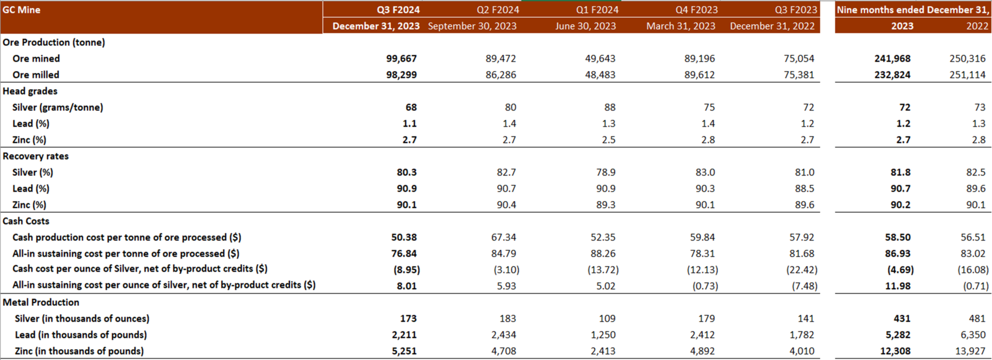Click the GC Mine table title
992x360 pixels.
tap(21, 10)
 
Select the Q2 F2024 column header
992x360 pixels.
tap(497, 10)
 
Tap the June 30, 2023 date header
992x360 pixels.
tap(586, 26)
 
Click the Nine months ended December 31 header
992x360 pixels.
tap(913, 10)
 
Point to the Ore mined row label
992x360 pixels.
tap(36, 59)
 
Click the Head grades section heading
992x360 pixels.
tap(30, 91)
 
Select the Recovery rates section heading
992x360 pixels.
tap(36, 156)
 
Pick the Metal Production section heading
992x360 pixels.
tap(41, 302)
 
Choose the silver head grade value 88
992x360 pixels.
tap(609, 108)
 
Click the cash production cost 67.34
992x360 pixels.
tap(503, 237)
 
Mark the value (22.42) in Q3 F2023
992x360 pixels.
tap(801, 270)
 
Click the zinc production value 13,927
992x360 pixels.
tap(970, 351)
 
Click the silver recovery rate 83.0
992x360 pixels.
tap(705, 172)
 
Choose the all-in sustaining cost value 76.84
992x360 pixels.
tap(404, 253)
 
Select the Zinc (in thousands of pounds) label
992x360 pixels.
tap(79, 351)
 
